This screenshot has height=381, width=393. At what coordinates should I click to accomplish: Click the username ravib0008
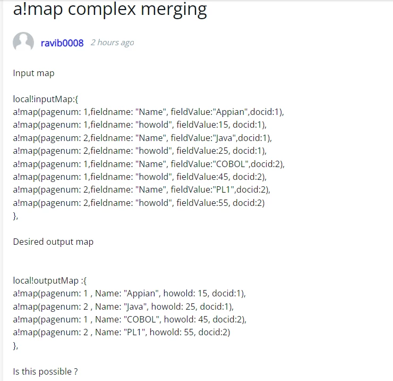pos(62,43)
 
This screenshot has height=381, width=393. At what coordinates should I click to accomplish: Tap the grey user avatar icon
pos(23,42)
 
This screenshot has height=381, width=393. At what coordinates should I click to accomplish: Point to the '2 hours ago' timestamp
pos(112,43)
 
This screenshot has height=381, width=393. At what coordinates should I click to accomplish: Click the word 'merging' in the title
pos(174,10)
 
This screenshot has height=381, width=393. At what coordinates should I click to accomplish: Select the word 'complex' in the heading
pos(102,10)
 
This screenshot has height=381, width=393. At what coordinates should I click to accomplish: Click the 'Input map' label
pos(33,73)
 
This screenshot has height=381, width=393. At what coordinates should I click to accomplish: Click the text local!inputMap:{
pos(46,99)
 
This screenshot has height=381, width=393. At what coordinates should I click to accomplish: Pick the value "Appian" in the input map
pos(230,112)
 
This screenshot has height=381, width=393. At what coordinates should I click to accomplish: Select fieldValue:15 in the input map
pos(202,125)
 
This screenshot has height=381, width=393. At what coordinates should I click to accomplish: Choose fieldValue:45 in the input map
pos(202,177)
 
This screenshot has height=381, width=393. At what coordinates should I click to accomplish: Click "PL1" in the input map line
pos(223,189)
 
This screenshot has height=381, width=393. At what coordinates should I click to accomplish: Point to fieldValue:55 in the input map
pos(202,203)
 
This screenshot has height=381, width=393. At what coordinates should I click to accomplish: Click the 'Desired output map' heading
pos(53,242)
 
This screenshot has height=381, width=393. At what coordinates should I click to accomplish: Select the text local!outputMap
pos(46,281)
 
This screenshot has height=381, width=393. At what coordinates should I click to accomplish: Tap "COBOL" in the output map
pos(142,319)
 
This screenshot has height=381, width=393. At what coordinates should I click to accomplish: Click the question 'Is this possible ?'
pos(45,371)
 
